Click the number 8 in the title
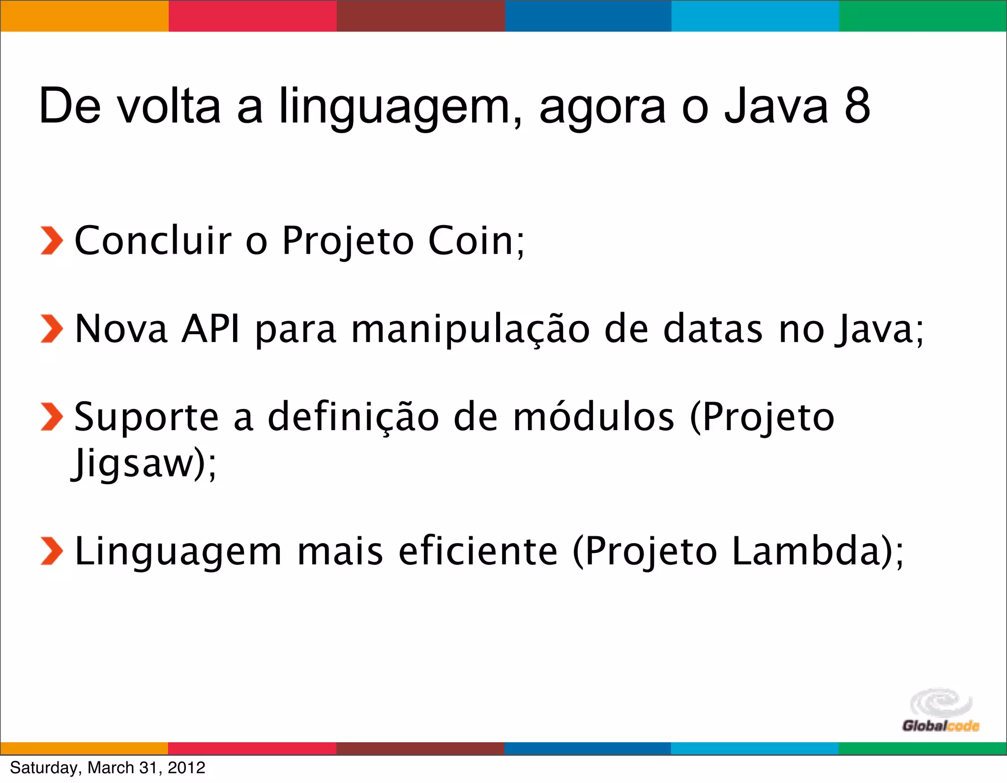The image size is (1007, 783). (858, 106)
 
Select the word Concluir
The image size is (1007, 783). (153, 241)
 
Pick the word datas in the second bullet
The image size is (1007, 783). (713, 328)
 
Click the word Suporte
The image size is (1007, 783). (146, 417)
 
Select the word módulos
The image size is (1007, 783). (593, 417)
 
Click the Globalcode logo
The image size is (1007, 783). (940, 711)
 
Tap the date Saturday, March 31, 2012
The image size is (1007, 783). (108, 767)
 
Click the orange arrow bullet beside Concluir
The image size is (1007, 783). (52, 241)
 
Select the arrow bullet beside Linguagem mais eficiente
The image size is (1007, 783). (52, 551)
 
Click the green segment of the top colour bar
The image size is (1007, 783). (922, 16)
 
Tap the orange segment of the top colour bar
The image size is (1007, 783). (84, 16)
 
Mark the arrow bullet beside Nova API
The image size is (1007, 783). (52, 328)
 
